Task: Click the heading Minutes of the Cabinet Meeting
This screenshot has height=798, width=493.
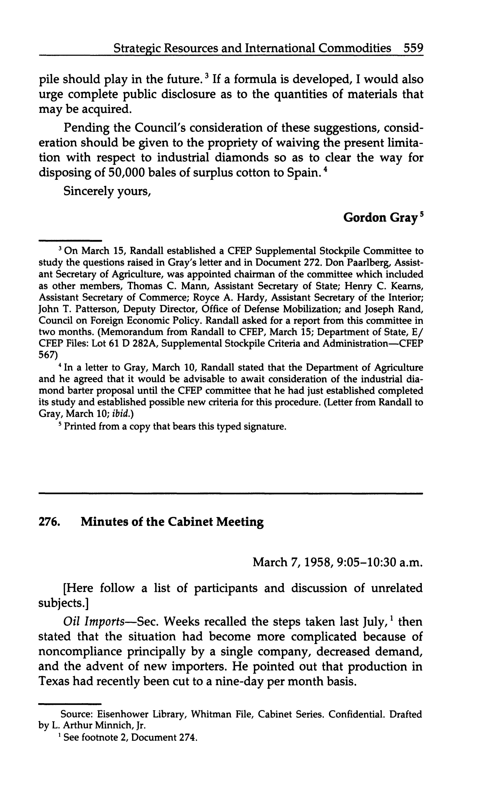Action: point(172,522)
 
